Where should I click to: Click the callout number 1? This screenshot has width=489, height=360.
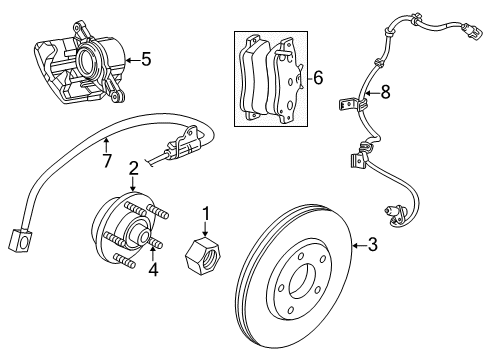coord(207,213)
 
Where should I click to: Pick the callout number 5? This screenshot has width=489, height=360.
coord(146,59)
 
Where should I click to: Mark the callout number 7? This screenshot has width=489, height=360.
coord(107,161)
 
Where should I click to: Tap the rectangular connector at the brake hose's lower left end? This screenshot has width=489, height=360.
coord(17,242)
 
